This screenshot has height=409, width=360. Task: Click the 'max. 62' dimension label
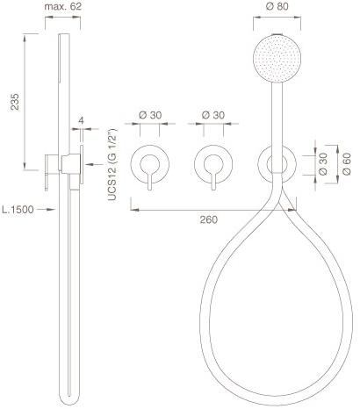[62, 6]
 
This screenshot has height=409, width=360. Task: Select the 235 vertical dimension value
[15, 102]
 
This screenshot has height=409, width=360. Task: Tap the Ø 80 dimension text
[277, 6]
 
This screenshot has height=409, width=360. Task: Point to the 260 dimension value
[209, 219]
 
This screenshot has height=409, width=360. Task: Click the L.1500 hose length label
[18, 210]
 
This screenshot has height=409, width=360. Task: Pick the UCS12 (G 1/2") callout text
[112, 164]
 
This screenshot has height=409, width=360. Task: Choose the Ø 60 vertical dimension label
[347, 164]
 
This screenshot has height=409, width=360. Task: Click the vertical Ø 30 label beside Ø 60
[323, 164]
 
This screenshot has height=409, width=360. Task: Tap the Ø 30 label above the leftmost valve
[150, 115]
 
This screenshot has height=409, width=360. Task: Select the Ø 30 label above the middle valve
[213, 115]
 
